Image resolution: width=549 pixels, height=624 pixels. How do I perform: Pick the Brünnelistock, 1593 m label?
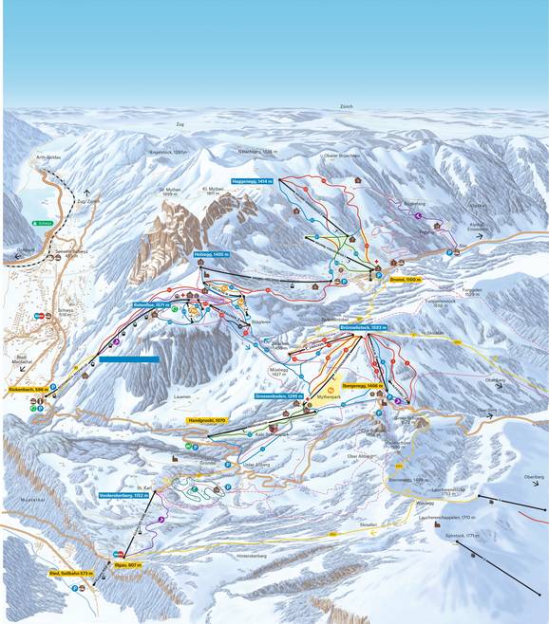364,327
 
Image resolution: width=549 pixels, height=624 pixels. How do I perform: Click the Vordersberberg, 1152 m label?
124,495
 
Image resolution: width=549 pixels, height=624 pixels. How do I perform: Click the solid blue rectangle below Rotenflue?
128,359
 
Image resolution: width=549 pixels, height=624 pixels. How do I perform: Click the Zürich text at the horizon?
346,108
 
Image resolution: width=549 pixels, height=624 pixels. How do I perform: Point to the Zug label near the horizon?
180,124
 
